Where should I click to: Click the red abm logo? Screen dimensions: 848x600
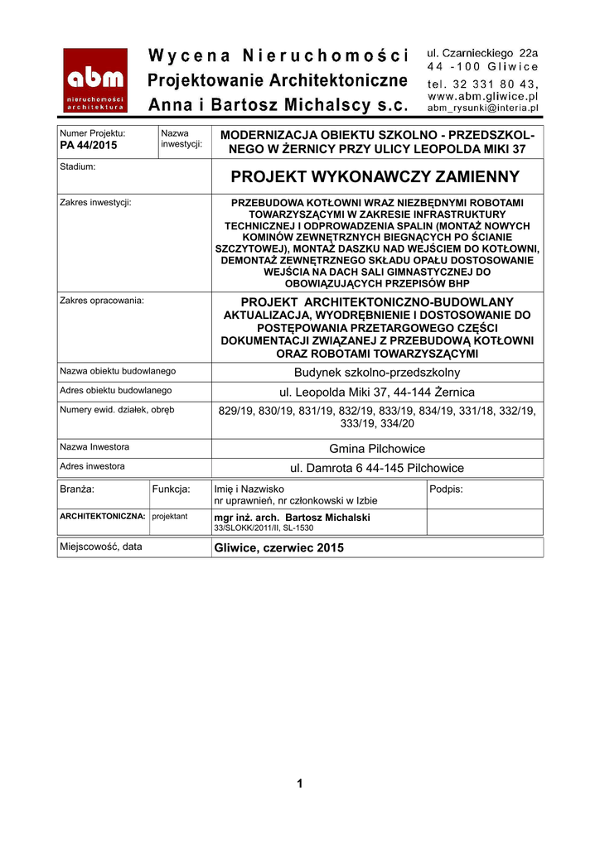click(95, 79)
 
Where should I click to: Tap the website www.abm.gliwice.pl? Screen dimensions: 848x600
click(482, 96)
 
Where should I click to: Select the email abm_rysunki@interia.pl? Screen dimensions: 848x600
click(482, 108)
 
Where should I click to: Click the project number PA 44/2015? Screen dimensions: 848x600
click(90, 146)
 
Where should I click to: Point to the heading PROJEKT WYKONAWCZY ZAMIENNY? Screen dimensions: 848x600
click(375, 176)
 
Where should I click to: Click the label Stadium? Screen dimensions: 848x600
click(78, 166)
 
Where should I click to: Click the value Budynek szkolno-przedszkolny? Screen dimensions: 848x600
click(377, 373)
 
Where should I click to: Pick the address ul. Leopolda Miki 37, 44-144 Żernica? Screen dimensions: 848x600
click(377, 392)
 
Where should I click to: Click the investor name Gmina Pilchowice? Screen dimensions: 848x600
click(377, 449)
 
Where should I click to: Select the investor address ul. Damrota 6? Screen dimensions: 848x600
click(377, 468)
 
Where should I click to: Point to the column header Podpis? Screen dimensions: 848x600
click(447, 489)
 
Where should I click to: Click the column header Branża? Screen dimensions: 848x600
click(77, 489)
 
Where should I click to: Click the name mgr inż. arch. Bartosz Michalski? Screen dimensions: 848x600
click(292, 518)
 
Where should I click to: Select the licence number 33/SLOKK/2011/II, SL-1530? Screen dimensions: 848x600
click(264, 528)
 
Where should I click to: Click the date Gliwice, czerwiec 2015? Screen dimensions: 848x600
click(278, 547)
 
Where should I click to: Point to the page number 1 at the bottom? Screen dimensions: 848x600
click(300, 783)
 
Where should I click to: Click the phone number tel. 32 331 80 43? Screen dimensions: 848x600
click(482, 84)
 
